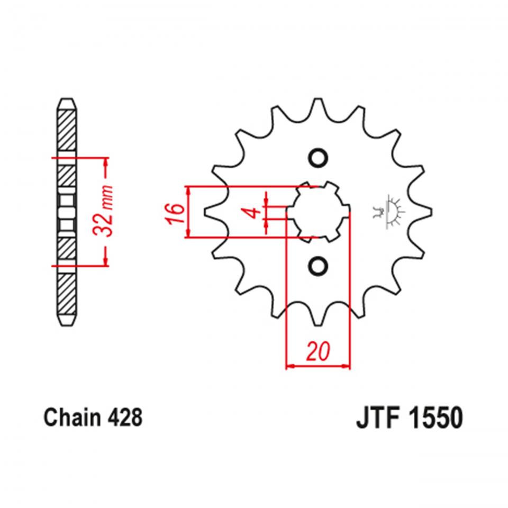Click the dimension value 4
click(x=254, y=213)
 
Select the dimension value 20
click(x=317, y=351)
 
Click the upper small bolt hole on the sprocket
click(x=318, y=158)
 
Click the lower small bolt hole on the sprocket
click(x=318, y=266)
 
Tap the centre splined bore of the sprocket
click(x=318, y=212)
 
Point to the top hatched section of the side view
click(x=67, y=130)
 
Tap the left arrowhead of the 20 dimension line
click(x=289, y=366)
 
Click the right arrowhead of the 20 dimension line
click(x=347, y=366)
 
